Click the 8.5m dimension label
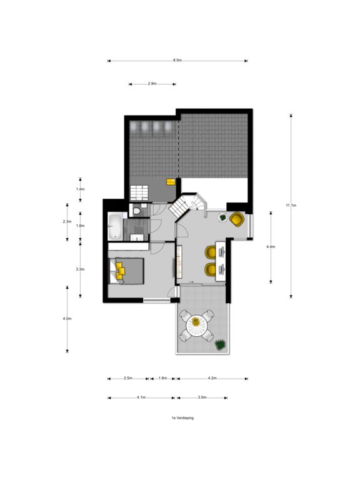[x=177, y=60]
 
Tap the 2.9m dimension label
[x=152, y=84]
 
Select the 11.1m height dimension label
[x=291, y=206]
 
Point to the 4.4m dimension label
[x=271, y=246]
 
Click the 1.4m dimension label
[x=80, y=189]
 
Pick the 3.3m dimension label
[x=80, y=269]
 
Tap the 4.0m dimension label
[x=67, y=319]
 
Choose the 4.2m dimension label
[x=212, y=378]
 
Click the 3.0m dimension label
[x=202, y=397]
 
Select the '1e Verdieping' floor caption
[x=182, y=418]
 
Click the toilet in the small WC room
[x=136, y=211]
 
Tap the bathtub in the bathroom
[x=115, y=226]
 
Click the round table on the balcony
[x=196, y=326]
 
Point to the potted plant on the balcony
[x=220, y=345]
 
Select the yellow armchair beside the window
[x=237, y=219]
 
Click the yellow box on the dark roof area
[x=171, y=182]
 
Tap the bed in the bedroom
[x=127, y=271]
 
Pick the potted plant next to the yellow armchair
[x=222, y=217]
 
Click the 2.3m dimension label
[x=67, y=222]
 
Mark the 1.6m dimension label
[x=163, y=378]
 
